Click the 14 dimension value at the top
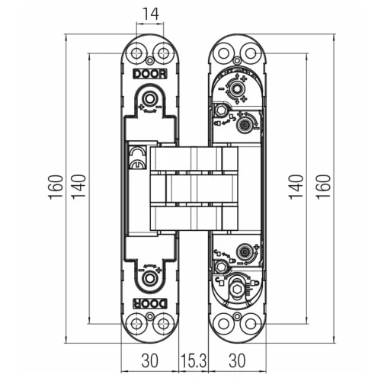point(150,14)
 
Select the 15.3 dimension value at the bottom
point(194,360)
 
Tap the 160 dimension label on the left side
point(56,187)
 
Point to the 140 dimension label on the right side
point(296,187)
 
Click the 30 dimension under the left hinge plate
point(149,360)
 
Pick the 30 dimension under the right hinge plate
point(237,360)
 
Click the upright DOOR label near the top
point(150,74)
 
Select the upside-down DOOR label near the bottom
point(150,303)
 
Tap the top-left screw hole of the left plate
point(137,53)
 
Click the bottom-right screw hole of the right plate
point(251,324)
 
